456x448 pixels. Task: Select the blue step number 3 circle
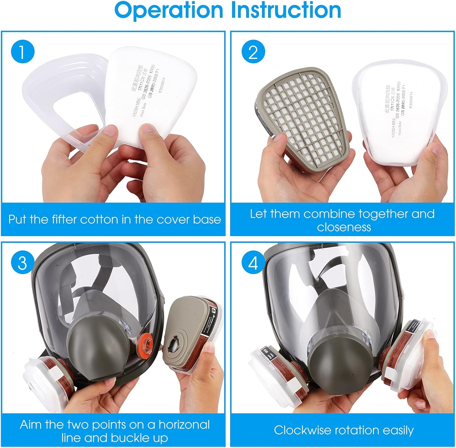point(22,262)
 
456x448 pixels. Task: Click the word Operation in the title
point(169,10)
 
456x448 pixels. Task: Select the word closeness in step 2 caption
point(344,227)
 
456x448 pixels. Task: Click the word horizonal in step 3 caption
point(184,425)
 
